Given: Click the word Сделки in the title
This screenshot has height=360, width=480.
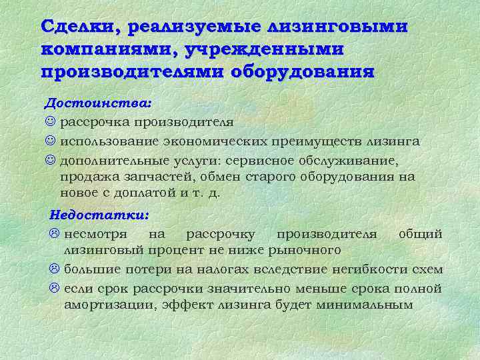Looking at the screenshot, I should point(80,27).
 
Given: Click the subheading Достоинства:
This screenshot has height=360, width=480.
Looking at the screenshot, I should point(97,104).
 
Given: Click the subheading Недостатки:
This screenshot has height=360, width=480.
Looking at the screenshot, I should point(100,215).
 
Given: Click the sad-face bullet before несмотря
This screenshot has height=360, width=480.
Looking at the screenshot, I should point(55,234).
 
